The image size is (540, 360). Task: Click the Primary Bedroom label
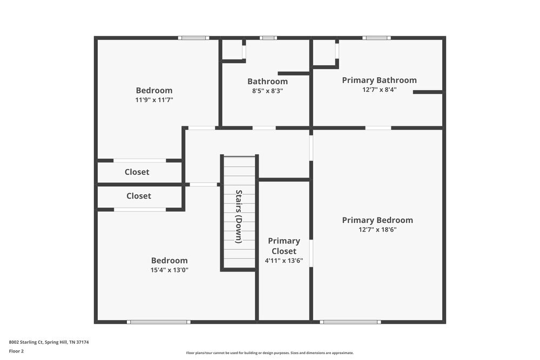pos(377,220)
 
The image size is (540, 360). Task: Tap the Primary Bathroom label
pos(379,80)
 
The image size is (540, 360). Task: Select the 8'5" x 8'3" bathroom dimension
pos(267,91)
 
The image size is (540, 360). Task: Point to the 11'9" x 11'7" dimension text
pos(154,100)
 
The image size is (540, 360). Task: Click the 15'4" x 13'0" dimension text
pos(170,270)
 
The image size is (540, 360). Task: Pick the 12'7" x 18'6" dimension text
pos(377,229)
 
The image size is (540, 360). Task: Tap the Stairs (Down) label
pos(238,216)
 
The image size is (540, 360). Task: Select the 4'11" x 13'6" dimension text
pos(283,261)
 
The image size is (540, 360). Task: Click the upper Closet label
pos(137,172)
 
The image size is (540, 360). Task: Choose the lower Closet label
pos(139,196)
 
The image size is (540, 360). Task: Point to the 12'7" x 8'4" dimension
pos(379,90)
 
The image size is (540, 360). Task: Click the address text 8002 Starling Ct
pos(49,342)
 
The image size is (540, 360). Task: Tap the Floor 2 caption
pos(16,351)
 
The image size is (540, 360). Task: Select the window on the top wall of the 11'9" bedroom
pos(194,38)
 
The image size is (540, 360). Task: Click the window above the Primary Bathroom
pos(376,38)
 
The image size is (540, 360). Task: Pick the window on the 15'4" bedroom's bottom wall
pos(159,322)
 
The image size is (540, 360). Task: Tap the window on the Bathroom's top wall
pos(268,38)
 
